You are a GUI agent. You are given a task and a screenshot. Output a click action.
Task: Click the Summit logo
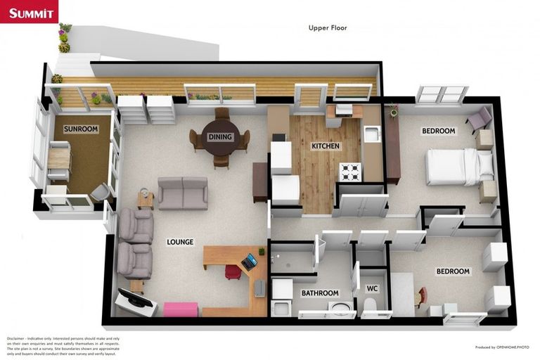(x=29, y=12)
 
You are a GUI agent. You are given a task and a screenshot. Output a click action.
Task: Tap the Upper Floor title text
(x=328, y=28)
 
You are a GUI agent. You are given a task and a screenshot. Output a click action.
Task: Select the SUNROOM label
(x=81, y=129)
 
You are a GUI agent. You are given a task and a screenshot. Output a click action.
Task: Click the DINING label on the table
(x=221, y=136)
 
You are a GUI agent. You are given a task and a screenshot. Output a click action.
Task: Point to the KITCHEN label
(x=326, y=146)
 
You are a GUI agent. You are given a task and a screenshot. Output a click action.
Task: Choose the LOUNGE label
(x=180, y=242)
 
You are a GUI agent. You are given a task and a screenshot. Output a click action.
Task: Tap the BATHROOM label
(x=320, y=293)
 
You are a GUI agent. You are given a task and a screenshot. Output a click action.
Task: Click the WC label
(x=373, y=288)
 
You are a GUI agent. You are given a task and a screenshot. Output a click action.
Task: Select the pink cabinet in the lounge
(x=180, y=309)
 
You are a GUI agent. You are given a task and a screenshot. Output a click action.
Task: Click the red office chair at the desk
(x=233, y=271)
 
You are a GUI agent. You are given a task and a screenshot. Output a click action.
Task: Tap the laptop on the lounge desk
(x=249, y=262)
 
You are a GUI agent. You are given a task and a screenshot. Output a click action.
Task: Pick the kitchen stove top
(x=350, y=171)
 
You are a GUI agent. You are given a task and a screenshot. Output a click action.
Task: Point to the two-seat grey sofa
(x=183, y=192)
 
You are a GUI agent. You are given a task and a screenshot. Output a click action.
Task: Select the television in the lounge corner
(x=137, y=300)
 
